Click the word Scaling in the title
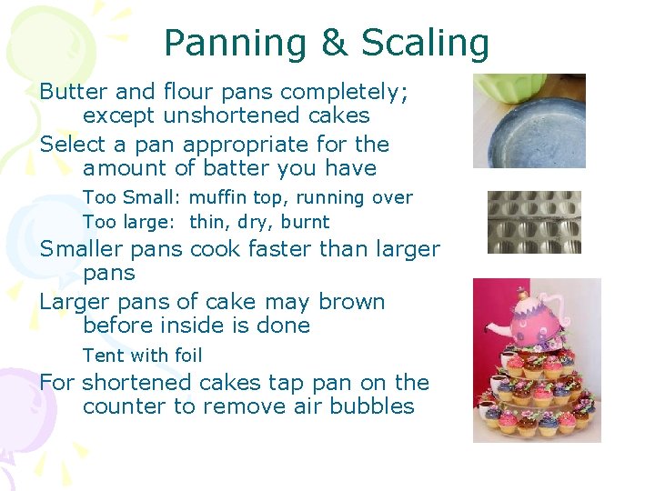click(425, 43)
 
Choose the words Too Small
click(132, 197)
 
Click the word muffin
click(218, 197)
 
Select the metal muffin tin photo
click(534, 221)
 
